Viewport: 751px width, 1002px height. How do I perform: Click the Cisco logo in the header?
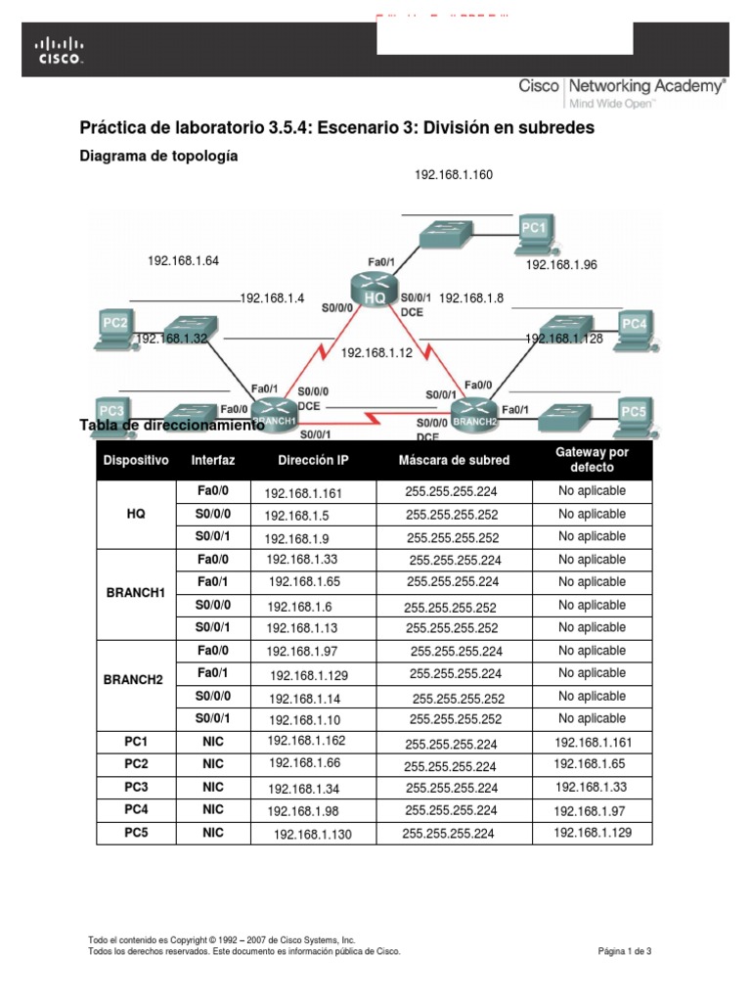(x=60, y=51)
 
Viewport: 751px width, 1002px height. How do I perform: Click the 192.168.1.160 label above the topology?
(x=453, y=175)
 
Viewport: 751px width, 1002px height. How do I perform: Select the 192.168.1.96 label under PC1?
(x=561, y=265)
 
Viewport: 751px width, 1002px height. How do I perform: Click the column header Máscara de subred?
(x=454, y=460)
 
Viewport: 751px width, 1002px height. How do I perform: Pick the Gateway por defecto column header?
(x=592, y=460)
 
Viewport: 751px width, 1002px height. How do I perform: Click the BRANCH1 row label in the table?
(x=136, y=593)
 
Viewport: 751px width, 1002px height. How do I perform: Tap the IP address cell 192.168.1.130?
(x=312, y=834)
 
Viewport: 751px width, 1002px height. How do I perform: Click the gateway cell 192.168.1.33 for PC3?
(x=591, y=787)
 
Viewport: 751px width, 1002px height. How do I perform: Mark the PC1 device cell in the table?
(x=136, y=742)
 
